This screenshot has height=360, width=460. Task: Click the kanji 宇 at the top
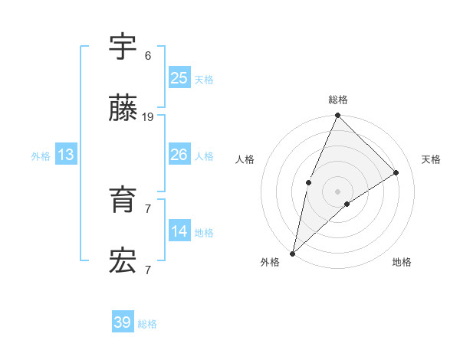pyautogui.click(x=123, y=47)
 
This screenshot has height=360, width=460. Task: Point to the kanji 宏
pyautogui.click(x=123, y=262)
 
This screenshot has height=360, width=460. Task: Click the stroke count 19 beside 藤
pyautogui.click(x=148, y=117)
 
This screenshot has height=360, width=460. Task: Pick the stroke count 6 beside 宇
pyautogui.click(x=148, y=56)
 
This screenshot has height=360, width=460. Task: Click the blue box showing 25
pyautogui.click(x=179, y=78)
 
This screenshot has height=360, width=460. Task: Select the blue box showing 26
pyautogui.click(x=179, y=155)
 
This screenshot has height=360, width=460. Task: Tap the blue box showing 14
pyautogui.click(x=179, y=231)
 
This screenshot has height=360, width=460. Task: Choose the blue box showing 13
pyautogui.click(x=65, y=155)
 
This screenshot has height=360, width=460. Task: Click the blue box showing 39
pyautogui.click(x=123, y=322)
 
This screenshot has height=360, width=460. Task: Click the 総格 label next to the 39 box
pyautogui.click(x=147, y=324)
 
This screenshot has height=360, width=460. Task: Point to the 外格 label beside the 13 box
pyautogui.click(x=41, y=156)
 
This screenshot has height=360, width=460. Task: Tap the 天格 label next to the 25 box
pyautogui.click(x=204, y=80)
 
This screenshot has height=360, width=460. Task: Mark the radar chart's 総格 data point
pyautogui.click(x=338, y=116)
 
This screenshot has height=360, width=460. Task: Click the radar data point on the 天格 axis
pyautogui.click(x=396, y=172)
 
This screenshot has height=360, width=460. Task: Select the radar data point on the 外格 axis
pyautogui.click(x=292, y=253)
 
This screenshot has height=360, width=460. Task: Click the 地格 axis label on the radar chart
pyautogui.click(x=402, y=262)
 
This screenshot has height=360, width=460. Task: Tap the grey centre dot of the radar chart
pyautogui.click(x=338, y=191)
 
